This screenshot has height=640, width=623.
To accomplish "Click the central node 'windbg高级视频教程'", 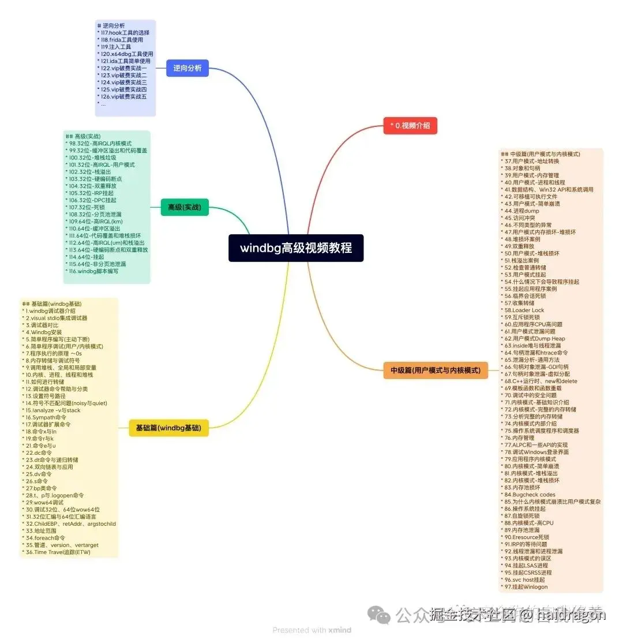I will (296, 248).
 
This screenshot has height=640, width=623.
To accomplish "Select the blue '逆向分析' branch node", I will (187, 68).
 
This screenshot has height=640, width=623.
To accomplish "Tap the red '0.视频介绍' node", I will (410, 125).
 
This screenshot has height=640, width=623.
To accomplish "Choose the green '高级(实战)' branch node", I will (185, 207).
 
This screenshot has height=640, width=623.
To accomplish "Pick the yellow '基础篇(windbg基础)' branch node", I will (168, 428).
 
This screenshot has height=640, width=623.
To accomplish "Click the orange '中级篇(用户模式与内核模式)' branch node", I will (436, 370).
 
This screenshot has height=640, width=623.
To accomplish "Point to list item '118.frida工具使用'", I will (122, 40).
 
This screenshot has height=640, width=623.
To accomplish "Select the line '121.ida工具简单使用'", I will (126, 61).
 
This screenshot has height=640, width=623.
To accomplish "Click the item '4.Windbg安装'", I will (44, 332).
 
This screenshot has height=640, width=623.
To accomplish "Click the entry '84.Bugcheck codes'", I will (530, 495).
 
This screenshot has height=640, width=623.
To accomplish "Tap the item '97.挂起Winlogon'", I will (526, 587).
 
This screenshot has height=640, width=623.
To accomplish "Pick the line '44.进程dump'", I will (521, 211).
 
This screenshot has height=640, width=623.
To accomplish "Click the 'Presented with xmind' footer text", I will (311, 630).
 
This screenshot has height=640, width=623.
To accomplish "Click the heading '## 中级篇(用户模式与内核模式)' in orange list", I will (541, 154).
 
